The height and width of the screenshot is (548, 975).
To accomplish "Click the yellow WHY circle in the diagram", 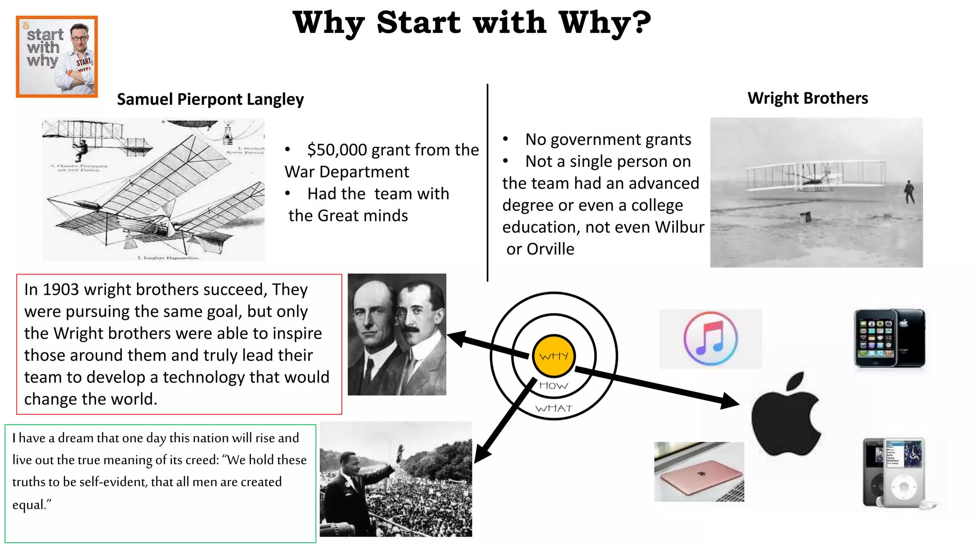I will click(x=554, y=355).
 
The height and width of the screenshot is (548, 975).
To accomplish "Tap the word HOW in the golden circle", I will click(x=554, y=385).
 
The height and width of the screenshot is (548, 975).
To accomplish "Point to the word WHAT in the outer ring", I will click(x=554, y=409).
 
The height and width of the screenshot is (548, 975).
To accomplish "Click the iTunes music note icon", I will click(x=710, y=339).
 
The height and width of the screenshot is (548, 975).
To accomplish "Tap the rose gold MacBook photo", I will click(x=699, y=472).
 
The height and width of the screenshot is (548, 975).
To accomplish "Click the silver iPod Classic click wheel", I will click(x=903, y=487).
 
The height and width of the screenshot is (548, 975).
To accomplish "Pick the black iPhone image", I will click(x=889, y=338).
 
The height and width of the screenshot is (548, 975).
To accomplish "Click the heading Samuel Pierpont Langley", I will click(x=210, y=99).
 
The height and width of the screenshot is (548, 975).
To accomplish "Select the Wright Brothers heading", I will click(x=807, y=98).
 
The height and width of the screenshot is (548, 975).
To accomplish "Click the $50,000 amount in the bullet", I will click(x=337, y=150).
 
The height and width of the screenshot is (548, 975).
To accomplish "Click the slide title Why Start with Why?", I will click(x=471, y=22).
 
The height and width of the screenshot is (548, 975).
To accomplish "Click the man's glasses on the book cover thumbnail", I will click(x=79, y=38).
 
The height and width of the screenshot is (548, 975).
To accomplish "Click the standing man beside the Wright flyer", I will click(x=909, y=191).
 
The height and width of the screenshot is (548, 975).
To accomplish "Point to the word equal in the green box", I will click(x=28, y=504).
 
